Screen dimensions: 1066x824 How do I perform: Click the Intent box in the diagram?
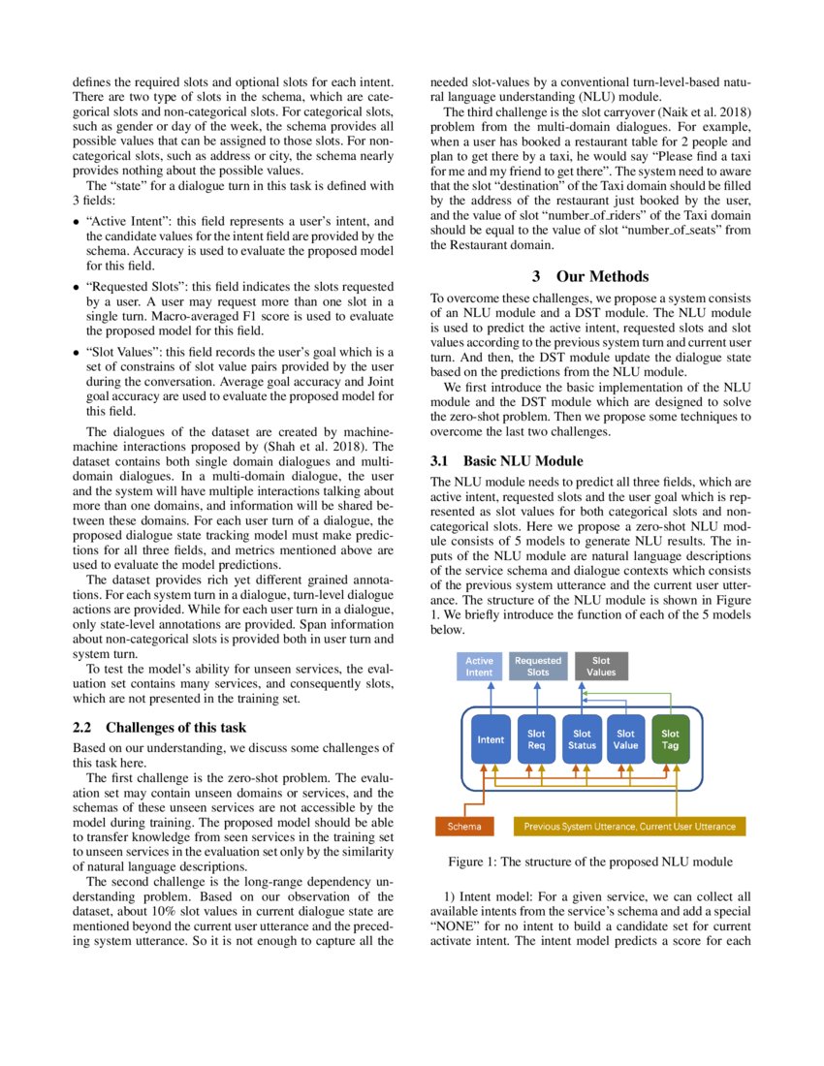[491, 739]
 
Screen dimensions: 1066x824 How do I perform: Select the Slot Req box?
[536, 739]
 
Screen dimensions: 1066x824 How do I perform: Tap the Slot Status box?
[582, 739]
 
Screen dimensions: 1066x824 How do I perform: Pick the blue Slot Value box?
[626, 739]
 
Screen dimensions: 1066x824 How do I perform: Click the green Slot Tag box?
[670, 739]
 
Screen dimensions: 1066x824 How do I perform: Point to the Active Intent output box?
[479, 666]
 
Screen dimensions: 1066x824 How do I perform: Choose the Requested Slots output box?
[537, 666]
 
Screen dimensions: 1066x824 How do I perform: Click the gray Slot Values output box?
[601, 666]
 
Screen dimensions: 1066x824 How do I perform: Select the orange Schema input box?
[463, 827]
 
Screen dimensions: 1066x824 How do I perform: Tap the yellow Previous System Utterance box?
[629, 827]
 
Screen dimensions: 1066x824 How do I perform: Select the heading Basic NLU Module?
[523, 460]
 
